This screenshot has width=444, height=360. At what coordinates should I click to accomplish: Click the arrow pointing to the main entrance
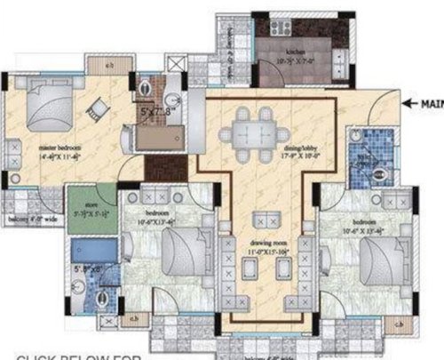tap(410, 104)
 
